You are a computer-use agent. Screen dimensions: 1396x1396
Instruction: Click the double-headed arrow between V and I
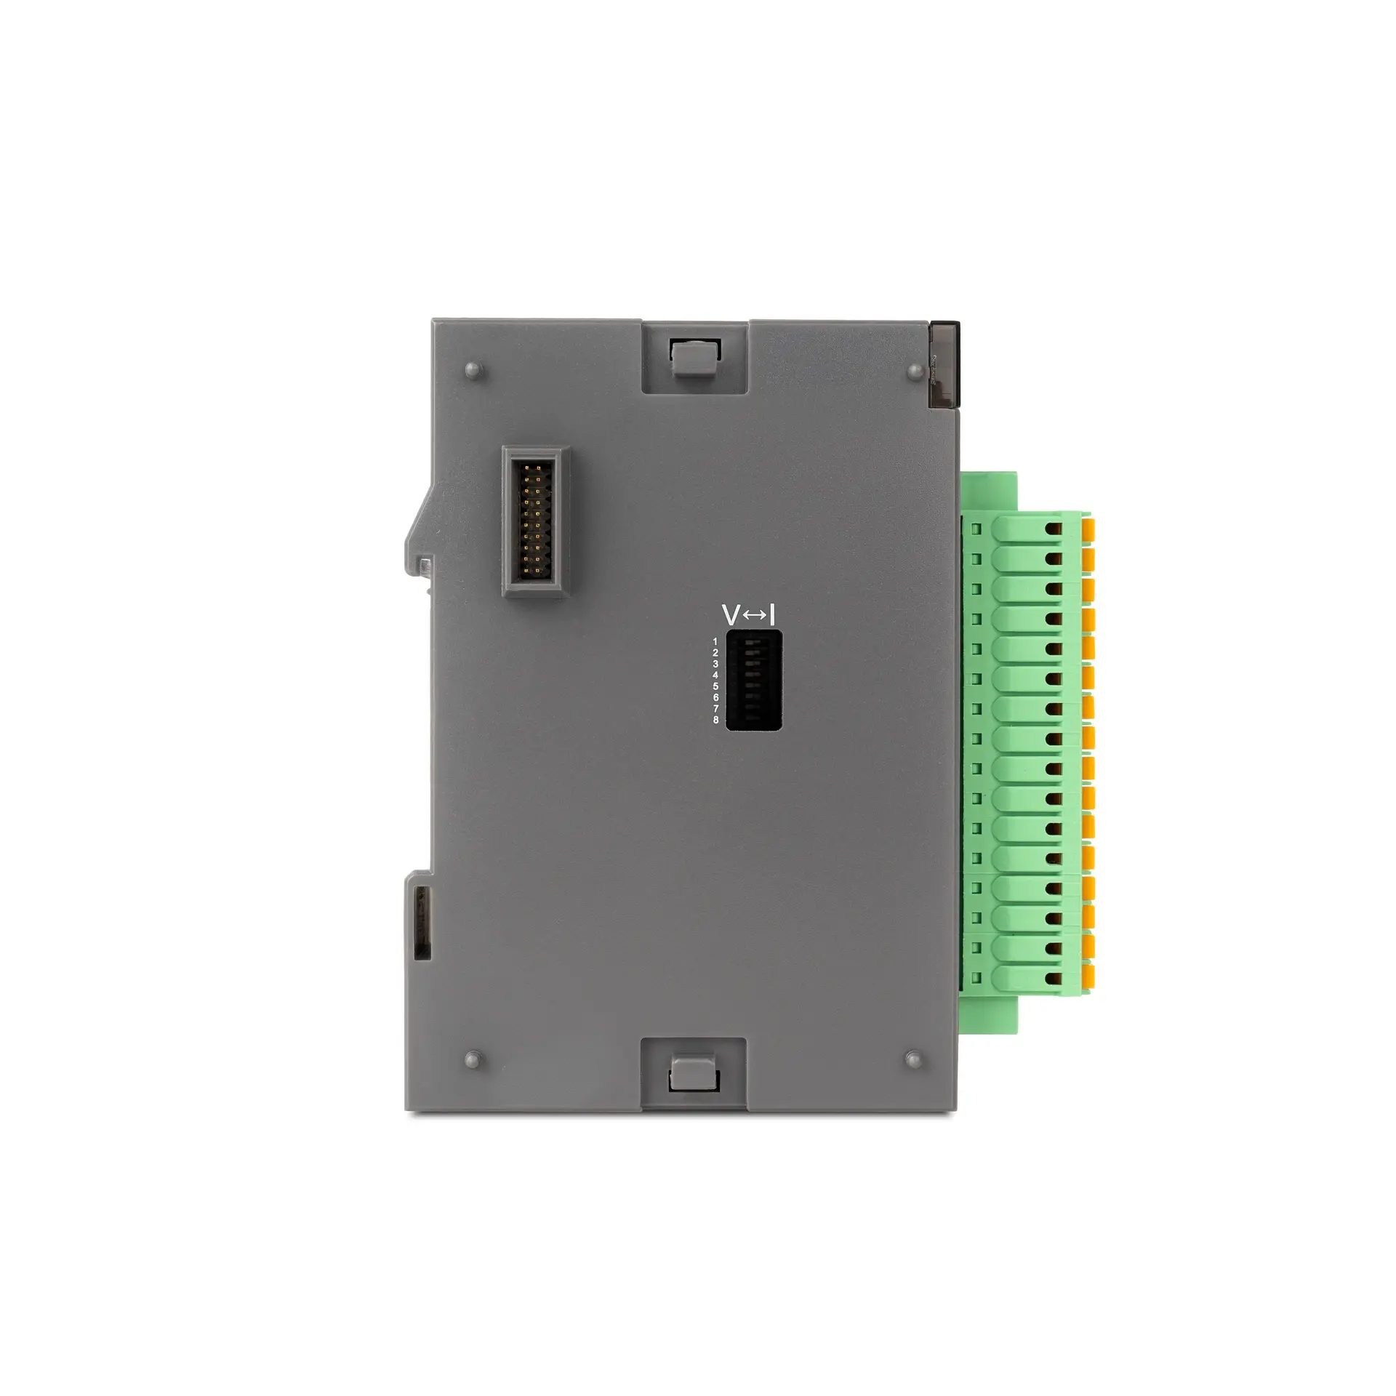click(755, 616)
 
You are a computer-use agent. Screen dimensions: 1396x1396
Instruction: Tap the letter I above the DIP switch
click(772, 615)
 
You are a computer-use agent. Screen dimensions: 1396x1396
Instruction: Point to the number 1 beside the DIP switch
click(715, 641)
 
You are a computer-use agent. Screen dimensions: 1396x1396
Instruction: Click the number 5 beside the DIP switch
click(715, 686)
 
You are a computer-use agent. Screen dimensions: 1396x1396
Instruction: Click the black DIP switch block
click(754, 681)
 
